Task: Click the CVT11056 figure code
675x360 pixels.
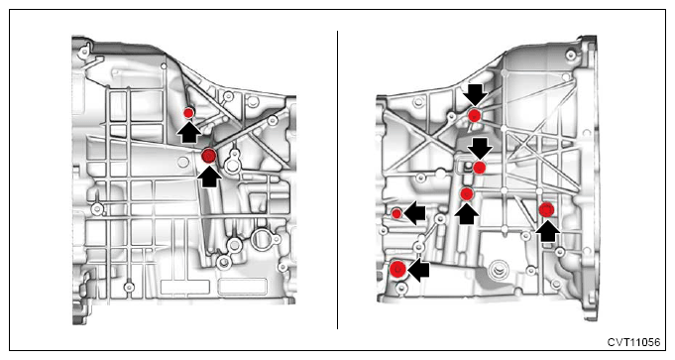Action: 633,342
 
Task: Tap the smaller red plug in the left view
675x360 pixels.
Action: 188,113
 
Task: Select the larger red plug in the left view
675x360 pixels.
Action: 209,156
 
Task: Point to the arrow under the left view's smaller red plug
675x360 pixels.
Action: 189,132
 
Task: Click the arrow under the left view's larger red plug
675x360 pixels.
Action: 210,177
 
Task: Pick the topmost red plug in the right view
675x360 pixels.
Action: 475,115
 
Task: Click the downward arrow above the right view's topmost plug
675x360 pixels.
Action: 476,95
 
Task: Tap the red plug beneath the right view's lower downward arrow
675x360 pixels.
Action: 480,168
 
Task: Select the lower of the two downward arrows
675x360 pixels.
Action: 480,149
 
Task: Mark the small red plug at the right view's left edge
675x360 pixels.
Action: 396,213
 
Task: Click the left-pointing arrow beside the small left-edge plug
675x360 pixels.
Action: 415,213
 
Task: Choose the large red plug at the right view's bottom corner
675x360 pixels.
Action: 397,269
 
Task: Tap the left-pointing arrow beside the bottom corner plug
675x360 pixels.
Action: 418,271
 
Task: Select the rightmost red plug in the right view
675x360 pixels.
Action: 547,209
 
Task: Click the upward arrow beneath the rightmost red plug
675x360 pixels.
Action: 547,231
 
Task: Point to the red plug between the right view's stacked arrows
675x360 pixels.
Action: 467,194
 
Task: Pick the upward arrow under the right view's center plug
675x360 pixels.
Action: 467,213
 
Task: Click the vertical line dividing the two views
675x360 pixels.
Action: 337,180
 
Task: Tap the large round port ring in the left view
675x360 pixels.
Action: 262,239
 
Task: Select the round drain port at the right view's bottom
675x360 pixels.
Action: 500,272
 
